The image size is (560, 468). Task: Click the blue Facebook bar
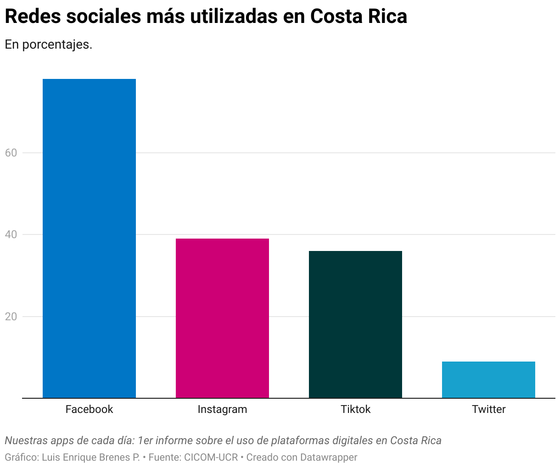pos(89,239)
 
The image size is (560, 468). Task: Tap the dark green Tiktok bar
pos(355,324)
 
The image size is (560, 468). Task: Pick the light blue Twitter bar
pos(488,380)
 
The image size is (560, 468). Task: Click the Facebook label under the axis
pos(89,409)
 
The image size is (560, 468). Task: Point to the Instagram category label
pos(222,409)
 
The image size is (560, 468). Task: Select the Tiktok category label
pos(355,409)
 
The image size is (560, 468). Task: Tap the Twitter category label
pos(488,409)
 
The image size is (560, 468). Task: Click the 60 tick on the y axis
pos(11,153)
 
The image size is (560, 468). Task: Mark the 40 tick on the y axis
pos(11,234)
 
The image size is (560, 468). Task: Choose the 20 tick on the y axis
pos(11,317)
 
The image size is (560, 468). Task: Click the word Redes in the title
pos(31,17)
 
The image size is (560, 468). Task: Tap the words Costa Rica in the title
pos(358,17)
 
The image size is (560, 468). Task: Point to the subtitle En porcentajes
pos(49,45)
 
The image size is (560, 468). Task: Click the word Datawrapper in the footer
pos(329,457)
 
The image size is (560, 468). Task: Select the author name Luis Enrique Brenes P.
pos(91,457)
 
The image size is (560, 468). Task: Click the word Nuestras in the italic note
pos(26,441)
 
